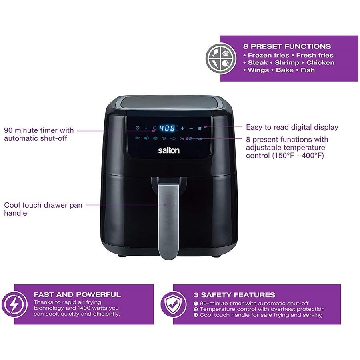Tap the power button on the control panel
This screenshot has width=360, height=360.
137,128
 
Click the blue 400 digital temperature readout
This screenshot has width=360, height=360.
168,128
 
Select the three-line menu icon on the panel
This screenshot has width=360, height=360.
200,128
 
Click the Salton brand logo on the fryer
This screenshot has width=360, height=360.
168,150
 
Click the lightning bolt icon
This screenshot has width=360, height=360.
14,304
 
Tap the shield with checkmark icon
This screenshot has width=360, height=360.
174,304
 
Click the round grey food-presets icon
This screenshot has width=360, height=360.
221,58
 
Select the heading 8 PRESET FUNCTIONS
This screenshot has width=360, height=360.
287,46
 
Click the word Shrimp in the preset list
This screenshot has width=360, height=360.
287,63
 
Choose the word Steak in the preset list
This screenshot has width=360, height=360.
258,63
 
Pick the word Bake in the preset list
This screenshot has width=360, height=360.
285,70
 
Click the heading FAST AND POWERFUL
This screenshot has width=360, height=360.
77,294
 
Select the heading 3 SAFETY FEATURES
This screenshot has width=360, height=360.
234,295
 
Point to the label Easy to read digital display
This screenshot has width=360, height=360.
292,127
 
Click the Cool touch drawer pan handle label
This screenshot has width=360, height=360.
43,209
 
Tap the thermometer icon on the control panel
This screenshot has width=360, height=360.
146,128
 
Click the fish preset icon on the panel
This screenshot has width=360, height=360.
173,138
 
